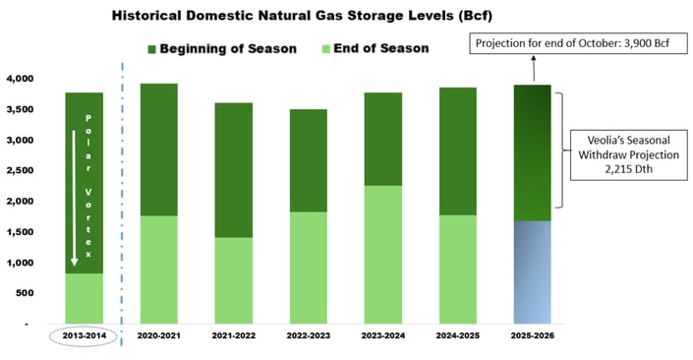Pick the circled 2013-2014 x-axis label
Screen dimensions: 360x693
tap(85, 336)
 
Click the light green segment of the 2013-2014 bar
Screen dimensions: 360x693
tap(85, 298)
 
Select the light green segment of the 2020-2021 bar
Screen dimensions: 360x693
tap(159, 269)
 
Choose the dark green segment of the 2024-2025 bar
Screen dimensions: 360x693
tap(464, 150)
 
